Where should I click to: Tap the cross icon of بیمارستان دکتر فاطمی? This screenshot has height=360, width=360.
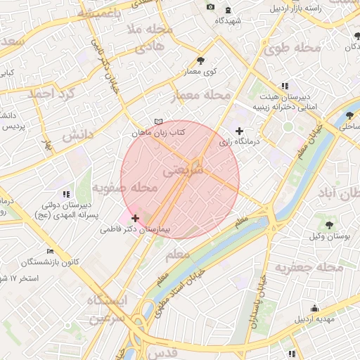click(136, 218)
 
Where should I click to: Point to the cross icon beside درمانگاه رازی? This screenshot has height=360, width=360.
click(240, 131)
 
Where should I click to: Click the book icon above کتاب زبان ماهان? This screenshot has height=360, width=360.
click(158, 122)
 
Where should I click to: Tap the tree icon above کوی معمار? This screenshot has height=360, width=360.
click(201, 60)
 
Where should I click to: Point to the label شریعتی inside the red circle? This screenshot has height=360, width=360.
click(183, 171)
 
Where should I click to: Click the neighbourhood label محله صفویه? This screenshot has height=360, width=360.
click(124, 188)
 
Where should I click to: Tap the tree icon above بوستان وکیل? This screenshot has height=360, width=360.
click(330, 224)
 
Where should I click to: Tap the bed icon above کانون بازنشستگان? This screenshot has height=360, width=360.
click(49, 252)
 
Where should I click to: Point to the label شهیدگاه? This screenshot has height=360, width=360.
click(229, 21)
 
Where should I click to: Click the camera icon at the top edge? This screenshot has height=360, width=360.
click(210, 7)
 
